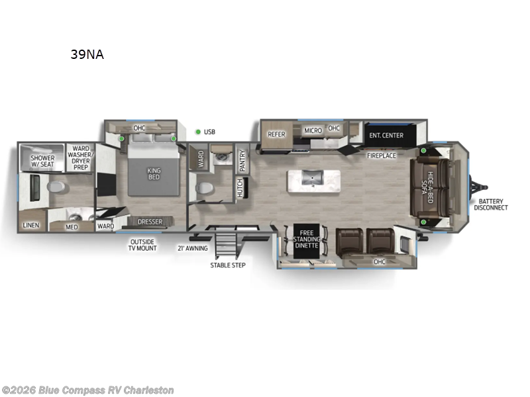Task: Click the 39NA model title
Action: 87,55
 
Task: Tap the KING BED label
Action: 154,174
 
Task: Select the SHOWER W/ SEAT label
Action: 42,162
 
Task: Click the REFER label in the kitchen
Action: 276,134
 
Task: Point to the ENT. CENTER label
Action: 386,136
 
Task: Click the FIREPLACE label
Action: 382,155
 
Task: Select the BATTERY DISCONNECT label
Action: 491,204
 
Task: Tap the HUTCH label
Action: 240,187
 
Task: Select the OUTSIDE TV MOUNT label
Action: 144,244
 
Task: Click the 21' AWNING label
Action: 192,248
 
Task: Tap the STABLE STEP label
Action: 228,265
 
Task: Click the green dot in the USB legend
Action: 197,132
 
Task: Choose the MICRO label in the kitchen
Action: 313,130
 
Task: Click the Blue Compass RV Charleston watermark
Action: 88,390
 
